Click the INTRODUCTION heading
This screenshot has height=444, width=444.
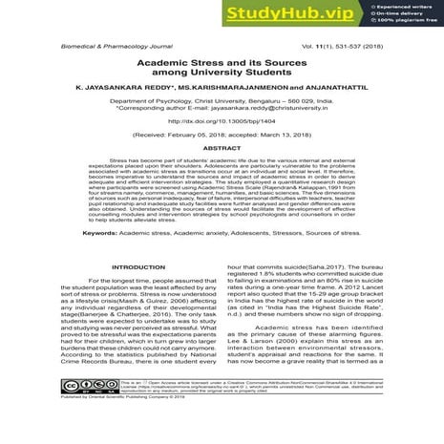(x=138, y=267)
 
